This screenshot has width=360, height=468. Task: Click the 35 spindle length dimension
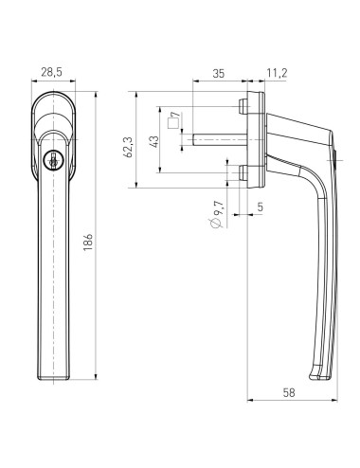219,72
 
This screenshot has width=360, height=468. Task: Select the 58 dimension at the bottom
289,389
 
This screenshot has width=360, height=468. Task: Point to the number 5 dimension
260,207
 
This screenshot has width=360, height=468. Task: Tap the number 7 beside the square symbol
174,116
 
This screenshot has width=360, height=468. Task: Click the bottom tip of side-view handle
328,378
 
